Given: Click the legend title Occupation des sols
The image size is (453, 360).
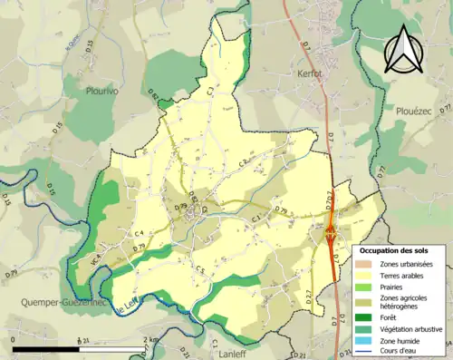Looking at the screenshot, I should click(396, 249).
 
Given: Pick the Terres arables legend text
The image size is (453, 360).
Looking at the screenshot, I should click(404, 275).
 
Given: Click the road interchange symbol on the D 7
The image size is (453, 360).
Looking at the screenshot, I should click(332, 233).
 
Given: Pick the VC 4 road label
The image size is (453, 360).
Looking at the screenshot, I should click(93, 260).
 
